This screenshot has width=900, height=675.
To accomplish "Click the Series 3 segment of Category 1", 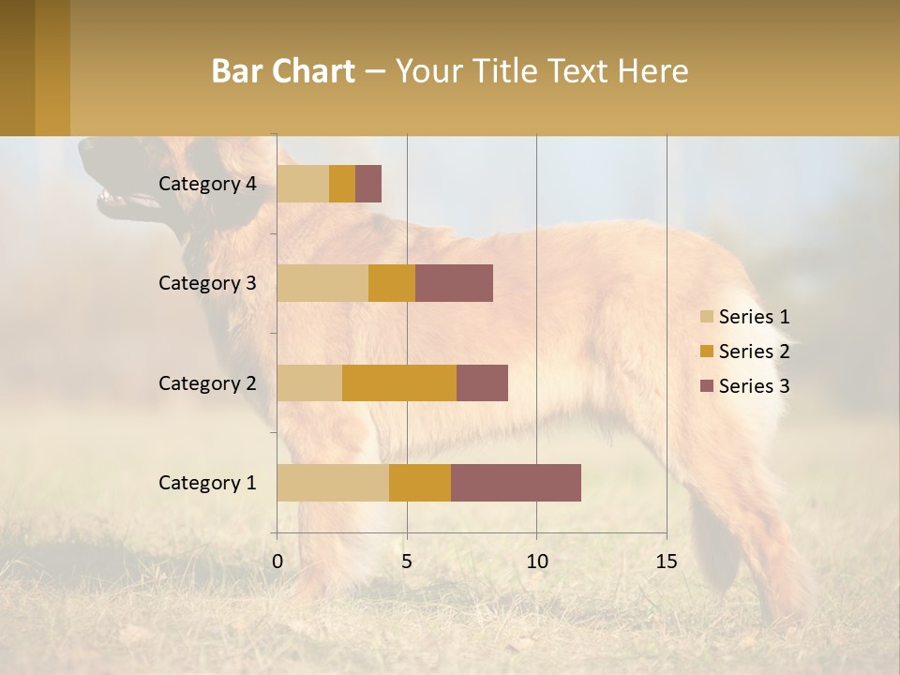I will coord(516,483).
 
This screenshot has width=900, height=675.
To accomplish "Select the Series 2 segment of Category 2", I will coord(399,382).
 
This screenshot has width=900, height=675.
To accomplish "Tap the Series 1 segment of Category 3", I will coord(322,283).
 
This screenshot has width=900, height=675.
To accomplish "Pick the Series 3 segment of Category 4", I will coord(368,184).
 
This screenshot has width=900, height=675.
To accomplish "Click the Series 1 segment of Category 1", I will coord(333,483).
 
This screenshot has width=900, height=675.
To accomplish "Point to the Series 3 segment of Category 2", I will coord(482,382).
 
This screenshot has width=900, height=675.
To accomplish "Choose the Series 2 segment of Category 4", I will coord(342,184).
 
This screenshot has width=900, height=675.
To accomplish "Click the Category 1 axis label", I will coord(207,483).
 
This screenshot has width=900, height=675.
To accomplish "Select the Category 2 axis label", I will coord(207,382).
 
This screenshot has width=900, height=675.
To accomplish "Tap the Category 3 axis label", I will coord(207,283).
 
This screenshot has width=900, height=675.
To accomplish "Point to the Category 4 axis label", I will coord(207,184).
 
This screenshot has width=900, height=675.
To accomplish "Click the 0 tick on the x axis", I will coord(277,562).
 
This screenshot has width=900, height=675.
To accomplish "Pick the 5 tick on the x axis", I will coord(407,562).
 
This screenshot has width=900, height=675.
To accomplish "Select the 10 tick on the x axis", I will coord(536,562).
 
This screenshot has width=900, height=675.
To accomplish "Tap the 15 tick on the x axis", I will coord(667,562).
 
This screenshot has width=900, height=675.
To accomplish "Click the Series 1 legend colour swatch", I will coord(706,317).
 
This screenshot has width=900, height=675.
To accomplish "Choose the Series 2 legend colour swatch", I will coord(706,352).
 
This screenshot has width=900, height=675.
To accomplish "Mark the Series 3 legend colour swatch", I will coord(706,386).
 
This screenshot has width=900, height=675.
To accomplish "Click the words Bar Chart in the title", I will coord(282,71).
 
